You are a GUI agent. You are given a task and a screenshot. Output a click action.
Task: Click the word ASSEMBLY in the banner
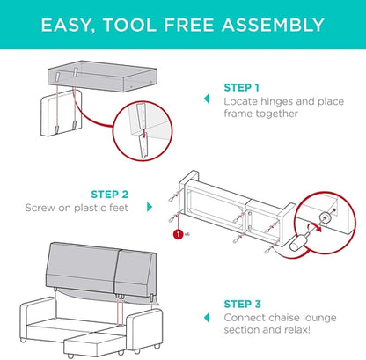click(x=273, y=25)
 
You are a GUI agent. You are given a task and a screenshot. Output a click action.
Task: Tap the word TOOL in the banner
click(x=129, y=25)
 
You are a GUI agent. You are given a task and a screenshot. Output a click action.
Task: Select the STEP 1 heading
click(x=242, y=87)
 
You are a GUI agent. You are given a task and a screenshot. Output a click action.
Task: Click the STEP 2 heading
click(x=109, y=195)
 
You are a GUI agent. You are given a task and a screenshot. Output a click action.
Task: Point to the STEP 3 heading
click(x=243, y=304)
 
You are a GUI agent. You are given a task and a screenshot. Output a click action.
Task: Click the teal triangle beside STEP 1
click(x=207, y=99)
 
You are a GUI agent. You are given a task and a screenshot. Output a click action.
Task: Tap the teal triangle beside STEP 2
click(x=150, y=207)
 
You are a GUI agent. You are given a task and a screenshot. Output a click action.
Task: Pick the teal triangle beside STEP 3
click(x=207, y=318)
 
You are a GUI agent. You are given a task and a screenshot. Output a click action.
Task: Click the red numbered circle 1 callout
click(x=179, y=234)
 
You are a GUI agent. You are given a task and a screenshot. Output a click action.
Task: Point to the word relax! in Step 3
click(x=297, y=330)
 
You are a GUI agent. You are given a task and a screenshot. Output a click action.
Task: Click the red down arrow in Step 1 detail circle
click(x=143, y=133)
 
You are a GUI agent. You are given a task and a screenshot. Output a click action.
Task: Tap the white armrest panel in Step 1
click(x=61, y=114)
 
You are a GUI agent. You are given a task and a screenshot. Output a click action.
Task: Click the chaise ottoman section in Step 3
click(x=94, y=343)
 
